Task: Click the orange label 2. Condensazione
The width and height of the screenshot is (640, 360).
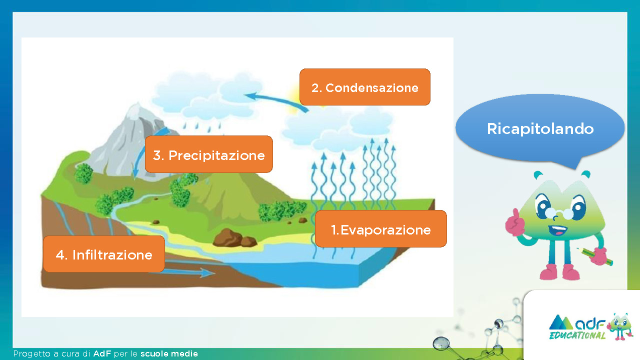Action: click(365, 87)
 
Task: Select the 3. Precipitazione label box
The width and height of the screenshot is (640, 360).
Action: click(209, 154)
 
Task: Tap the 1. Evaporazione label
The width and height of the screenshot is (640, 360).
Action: click(381, 229)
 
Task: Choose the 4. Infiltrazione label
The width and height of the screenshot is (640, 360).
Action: click(104, 254)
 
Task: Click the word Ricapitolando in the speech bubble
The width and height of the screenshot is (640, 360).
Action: click(540, 129)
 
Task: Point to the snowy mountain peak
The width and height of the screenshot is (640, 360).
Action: click(136, 110)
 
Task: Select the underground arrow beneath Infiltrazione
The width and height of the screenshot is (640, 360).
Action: click(182, 273)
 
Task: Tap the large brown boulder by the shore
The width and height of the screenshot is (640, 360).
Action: click(227, 237)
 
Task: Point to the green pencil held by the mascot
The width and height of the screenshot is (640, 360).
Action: click(595, 256)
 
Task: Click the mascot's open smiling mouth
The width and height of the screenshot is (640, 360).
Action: click(557, 230)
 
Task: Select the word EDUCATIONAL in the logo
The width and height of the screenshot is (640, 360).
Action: click(577, 335)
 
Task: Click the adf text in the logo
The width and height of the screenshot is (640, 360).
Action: click(590, 324)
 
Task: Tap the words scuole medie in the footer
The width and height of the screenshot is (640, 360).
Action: click(169, 353)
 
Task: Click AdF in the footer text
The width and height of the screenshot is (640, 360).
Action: click(102, 353)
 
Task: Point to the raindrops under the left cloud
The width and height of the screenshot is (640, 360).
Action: click(202, 127)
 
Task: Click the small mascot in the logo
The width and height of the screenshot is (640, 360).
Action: click(620, 326)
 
